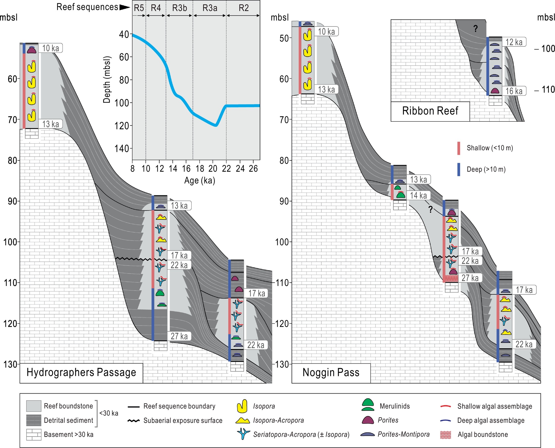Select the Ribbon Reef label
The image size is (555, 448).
[430, 111]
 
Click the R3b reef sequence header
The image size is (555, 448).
[180, 8]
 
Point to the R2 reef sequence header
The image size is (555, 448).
[244, 8]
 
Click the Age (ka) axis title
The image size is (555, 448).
[199, 180]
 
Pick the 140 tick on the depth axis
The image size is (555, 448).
[122, 149]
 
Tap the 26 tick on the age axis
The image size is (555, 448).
[253, 169]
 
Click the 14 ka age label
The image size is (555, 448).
[418, 195]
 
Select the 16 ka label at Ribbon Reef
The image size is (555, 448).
[514, 91]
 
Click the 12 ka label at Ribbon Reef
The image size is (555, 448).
[514, 42]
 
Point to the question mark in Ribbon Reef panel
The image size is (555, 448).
[475, 28]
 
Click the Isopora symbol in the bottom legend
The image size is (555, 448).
[242, 406]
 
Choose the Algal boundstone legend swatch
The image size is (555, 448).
[446, 435]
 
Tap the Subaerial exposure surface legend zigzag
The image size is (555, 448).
[134, 421]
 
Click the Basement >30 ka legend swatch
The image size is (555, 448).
[34, 435]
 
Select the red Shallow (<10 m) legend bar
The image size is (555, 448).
[459, 148]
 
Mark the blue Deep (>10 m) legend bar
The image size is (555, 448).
[459, 169]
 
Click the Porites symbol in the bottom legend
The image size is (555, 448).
[368, 420]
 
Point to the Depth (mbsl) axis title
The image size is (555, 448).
[107, 80]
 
